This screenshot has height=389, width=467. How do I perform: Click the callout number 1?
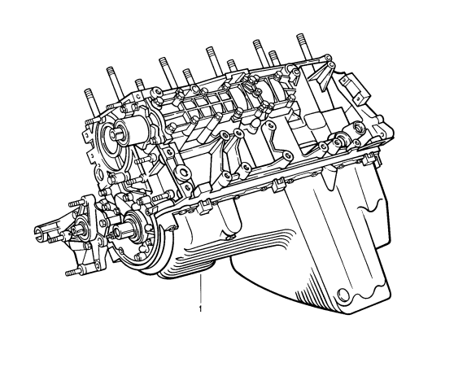[200, 309]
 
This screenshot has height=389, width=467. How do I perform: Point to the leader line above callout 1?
[201, 289]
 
